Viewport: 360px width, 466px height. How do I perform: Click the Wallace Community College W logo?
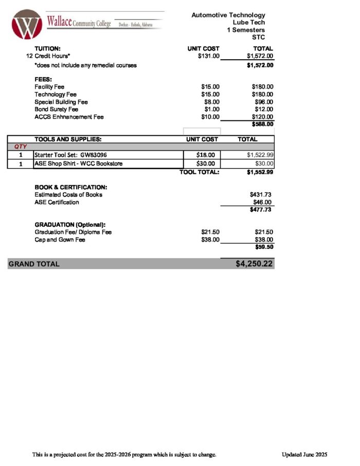(28, 25)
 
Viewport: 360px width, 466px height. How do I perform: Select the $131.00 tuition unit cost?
(208, 56)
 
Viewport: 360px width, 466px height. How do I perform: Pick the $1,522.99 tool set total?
(260, 155)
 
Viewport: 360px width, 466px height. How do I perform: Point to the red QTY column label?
(21, 147)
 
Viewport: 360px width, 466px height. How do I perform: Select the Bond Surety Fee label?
(57, 110)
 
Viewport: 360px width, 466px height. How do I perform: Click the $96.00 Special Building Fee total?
(263, 102)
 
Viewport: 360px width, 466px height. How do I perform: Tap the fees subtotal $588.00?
(262, 124)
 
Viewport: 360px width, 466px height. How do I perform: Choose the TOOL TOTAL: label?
(199, 172)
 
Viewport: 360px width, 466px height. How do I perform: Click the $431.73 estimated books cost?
(260, 195)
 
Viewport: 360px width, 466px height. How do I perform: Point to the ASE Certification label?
(57, 203)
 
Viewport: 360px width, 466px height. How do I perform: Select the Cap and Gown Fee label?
(60, 240)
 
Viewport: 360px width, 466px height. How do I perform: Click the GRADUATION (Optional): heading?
(70, 225)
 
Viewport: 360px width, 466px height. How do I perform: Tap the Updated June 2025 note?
(304, 455)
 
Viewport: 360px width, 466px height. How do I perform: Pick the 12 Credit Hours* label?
(48, 56)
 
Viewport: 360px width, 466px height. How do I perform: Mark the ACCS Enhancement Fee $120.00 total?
(262, 117)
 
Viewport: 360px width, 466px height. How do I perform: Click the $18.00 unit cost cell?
(209, 155)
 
